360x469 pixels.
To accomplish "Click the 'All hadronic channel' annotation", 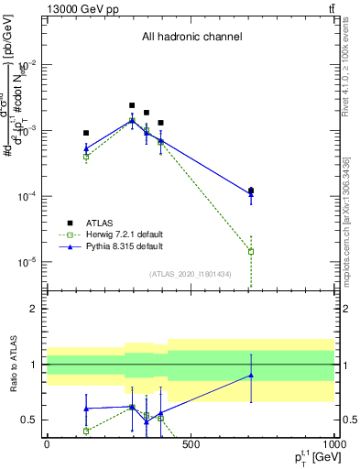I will tap(191, 38).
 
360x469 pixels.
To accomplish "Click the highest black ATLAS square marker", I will tap(132, 105).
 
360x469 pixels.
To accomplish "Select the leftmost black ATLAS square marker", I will tap(86, 133).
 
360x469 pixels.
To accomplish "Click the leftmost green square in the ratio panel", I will tap(86, 431).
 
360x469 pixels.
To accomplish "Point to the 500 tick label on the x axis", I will tap(191, 446).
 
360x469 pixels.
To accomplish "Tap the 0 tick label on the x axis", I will tap(47, 446).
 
